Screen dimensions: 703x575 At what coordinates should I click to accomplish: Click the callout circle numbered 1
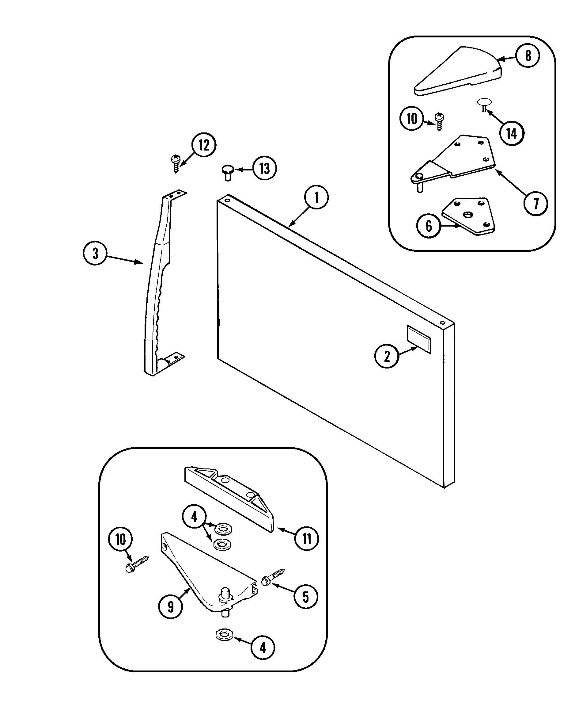click(x=316, y=197)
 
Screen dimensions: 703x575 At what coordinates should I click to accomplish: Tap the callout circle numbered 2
click(x=387, y=356)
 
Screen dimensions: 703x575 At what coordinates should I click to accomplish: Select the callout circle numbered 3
click(x=95, y=254)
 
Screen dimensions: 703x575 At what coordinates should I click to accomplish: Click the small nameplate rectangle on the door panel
click(x=419, y=339)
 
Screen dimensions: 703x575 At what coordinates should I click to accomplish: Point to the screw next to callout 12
click(x=175, y=163)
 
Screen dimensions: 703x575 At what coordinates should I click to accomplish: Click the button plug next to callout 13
click(x=227, y=172)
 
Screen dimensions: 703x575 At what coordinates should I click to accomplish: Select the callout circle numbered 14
click(x=512, y=134)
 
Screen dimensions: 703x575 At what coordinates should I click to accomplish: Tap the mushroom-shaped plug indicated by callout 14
click(x=484, y=105)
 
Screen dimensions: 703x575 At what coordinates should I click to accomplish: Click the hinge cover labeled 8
click(x=460, y=71)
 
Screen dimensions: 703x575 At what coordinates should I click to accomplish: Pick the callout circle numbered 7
click(x=535, y=204)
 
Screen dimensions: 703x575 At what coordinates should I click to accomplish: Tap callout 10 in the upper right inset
click(x=412, y=119)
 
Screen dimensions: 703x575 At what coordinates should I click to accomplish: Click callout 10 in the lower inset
click(x=120, y=539)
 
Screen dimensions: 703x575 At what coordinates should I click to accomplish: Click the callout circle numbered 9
click(x=171, y=607)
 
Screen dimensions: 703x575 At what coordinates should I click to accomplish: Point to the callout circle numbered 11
click(x=306, y=539)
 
